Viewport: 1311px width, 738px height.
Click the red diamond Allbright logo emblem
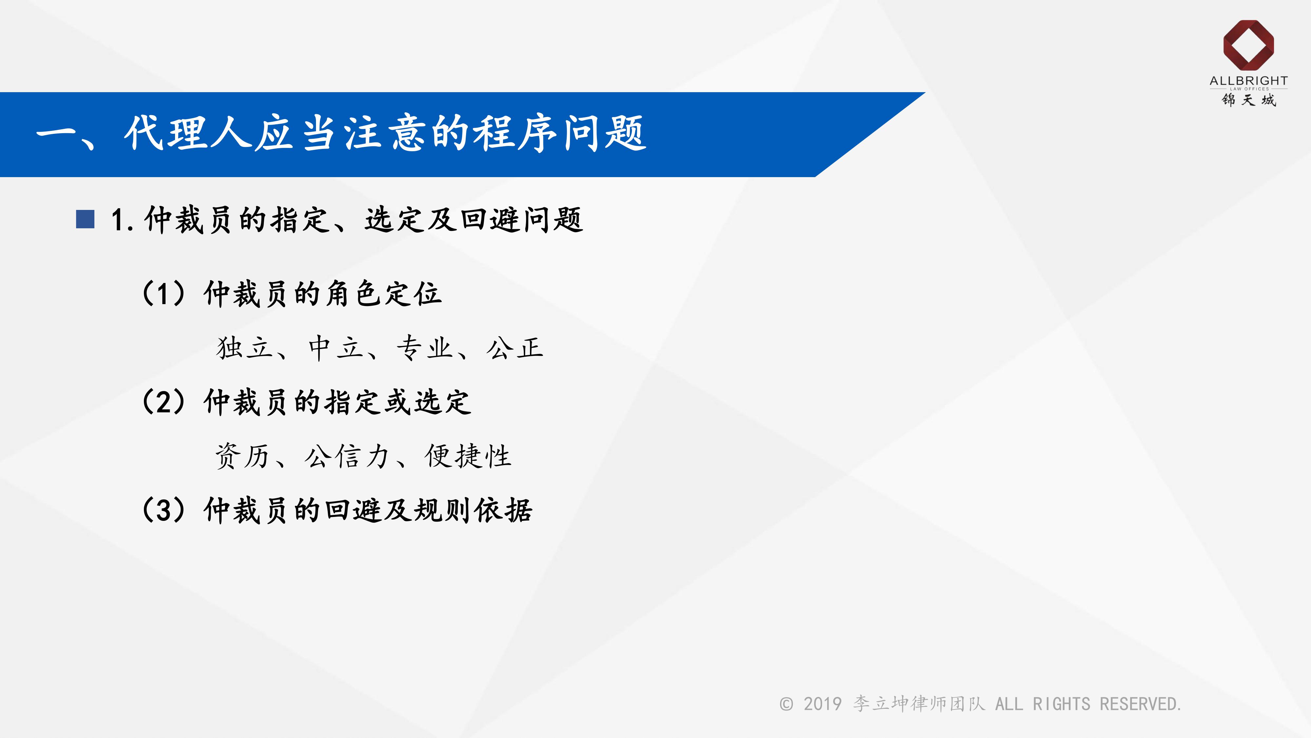tap(1248, 45)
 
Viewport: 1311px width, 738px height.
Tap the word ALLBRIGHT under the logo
tap(1248, 81)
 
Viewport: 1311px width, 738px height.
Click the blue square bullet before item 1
tap(85, 219)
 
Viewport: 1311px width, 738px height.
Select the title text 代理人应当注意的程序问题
tap(385, 133)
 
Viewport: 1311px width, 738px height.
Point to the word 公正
tap(515, 348)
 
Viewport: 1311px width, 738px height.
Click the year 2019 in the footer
tap(822, 705)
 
